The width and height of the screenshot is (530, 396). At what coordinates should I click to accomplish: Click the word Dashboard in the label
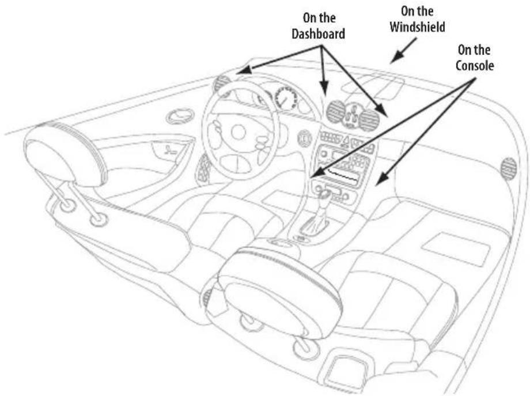pyautogui.click(x=319, y=34)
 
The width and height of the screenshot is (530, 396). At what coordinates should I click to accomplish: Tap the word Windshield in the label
pyautogui.click(x=418, y=27)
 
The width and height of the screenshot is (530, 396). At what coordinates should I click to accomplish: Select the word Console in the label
pyautogui.click(x=475, y=65)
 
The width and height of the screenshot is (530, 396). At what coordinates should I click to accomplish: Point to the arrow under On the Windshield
pyautogui.click(x=403, y=50)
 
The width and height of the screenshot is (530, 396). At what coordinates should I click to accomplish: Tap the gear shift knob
pyautogui.click(x=325, y=195)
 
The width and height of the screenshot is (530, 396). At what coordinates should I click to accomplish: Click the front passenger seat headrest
pyautogui.click(x=279, y=292)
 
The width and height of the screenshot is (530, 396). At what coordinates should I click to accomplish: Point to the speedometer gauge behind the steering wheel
pyautogui.click(x=286, y=99)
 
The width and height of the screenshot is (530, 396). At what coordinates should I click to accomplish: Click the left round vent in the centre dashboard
pyautogui.click(x=336, y=111)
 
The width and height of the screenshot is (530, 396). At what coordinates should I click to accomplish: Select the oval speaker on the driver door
pyautogui.click(x=180, y=116)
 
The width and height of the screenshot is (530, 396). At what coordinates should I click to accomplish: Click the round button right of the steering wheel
pyautogui.click(x=305, y=139)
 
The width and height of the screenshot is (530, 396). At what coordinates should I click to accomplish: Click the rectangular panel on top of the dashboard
pyautogui.click(x=373, y=87)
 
